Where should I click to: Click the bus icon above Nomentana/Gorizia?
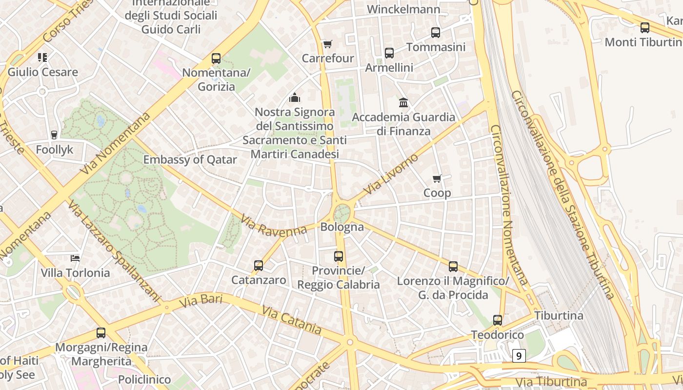point(216,58)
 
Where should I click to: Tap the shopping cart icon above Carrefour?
point(328,44)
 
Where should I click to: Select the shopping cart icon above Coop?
point(437,179)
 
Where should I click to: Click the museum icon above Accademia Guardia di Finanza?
point(403,103)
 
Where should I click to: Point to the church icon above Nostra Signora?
point(295,98)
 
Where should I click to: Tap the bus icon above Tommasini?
point(436,33)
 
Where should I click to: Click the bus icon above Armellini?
point(389,53)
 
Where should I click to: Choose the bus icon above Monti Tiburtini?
point(645,28)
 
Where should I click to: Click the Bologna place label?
point(342,227)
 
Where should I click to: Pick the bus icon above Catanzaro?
point(259,266)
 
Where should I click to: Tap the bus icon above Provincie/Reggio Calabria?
point(339,256)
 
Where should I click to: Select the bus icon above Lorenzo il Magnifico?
point(453,267)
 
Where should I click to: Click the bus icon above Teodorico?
point(498,320)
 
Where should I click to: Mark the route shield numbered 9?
point(519,356)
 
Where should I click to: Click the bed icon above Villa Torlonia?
point(75,258)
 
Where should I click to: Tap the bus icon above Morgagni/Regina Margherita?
point(101,333)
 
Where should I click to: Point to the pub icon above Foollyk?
point(54,135)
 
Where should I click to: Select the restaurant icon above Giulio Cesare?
point(42,58)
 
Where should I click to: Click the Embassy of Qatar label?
point(190,159)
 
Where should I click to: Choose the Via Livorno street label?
point(391,174)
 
